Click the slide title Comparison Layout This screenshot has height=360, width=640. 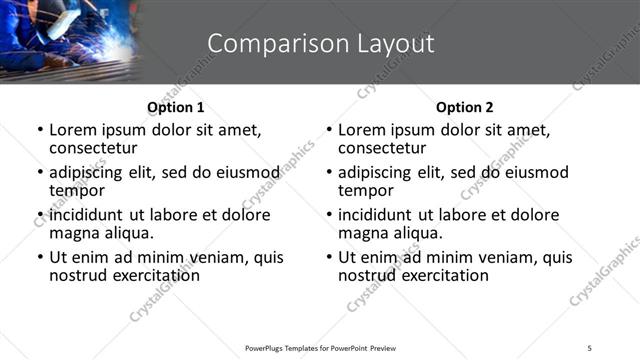320,44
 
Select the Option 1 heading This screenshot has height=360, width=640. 175,107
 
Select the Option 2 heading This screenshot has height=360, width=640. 464,107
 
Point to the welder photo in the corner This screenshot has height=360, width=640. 68,40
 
